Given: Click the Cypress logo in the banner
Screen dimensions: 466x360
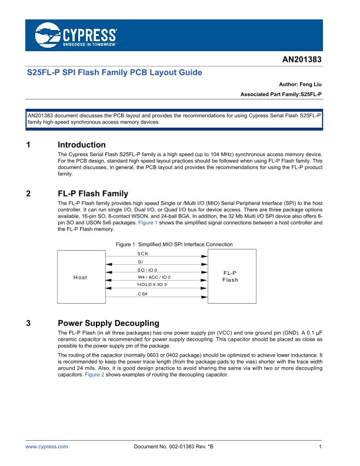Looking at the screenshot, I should pos(76,35).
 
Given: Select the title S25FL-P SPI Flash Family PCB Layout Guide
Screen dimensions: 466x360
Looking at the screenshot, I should pos(115,73).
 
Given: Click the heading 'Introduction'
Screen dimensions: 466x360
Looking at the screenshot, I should pos(82,145).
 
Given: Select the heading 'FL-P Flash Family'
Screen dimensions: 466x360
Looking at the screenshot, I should pos(93,194).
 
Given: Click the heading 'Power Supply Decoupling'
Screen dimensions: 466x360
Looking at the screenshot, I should pos(109,324).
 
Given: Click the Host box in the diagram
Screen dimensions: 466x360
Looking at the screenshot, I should pos(80,277).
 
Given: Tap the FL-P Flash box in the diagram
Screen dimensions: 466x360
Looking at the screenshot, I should pos(230,277).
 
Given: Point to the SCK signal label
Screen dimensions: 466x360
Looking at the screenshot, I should pos(143,253).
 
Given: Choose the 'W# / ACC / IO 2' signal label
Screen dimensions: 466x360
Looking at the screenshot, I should pos(154,277).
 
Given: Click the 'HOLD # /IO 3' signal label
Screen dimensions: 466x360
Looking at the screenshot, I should pos(152,285).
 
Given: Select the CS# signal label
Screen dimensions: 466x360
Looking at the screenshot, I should pos(143,293).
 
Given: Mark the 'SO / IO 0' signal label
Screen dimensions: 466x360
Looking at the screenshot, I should pos(148,269).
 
